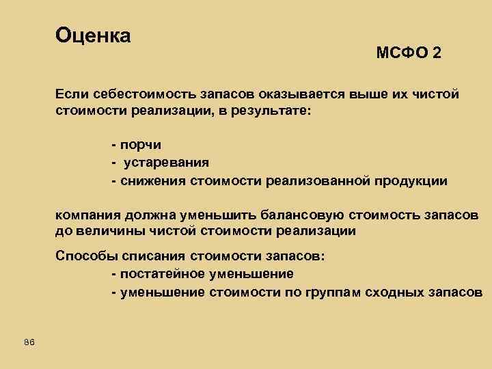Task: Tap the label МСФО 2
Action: tap(408, 53)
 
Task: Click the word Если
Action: tap(70, 94)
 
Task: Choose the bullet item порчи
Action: tap(140, 145)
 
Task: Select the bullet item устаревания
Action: tap(166, 163)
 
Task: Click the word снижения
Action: tap(148, 180)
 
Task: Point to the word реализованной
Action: tap(321, 180)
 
